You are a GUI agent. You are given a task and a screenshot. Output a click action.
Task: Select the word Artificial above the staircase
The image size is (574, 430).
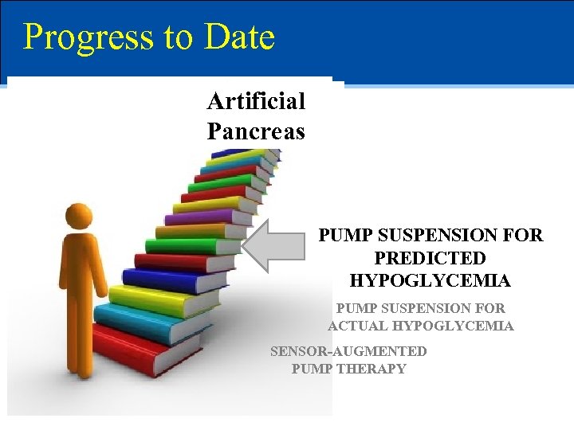pos(256,101)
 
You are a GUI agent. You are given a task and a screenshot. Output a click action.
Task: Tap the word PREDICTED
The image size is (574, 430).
pos(430,259)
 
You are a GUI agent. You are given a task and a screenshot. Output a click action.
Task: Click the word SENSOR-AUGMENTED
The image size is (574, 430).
pos(348,351)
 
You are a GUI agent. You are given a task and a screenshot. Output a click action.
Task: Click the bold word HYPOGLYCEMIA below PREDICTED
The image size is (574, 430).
pos(430,281)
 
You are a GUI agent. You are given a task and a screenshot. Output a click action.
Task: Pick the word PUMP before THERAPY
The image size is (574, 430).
pos(312,369)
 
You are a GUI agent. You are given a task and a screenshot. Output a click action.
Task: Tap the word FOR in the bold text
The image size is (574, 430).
pos(525,236)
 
